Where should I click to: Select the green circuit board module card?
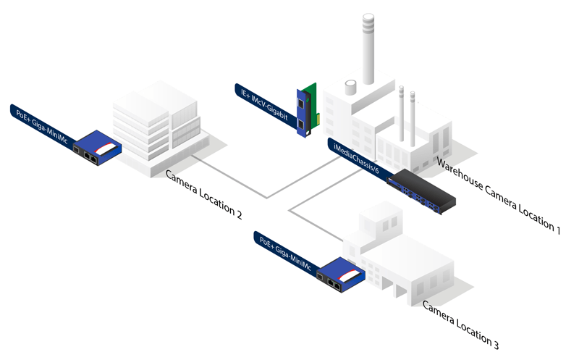[x=310, y=109]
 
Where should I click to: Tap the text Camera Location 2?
[x=203, y=195]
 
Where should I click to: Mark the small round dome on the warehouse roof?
[x=350, y=87]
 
